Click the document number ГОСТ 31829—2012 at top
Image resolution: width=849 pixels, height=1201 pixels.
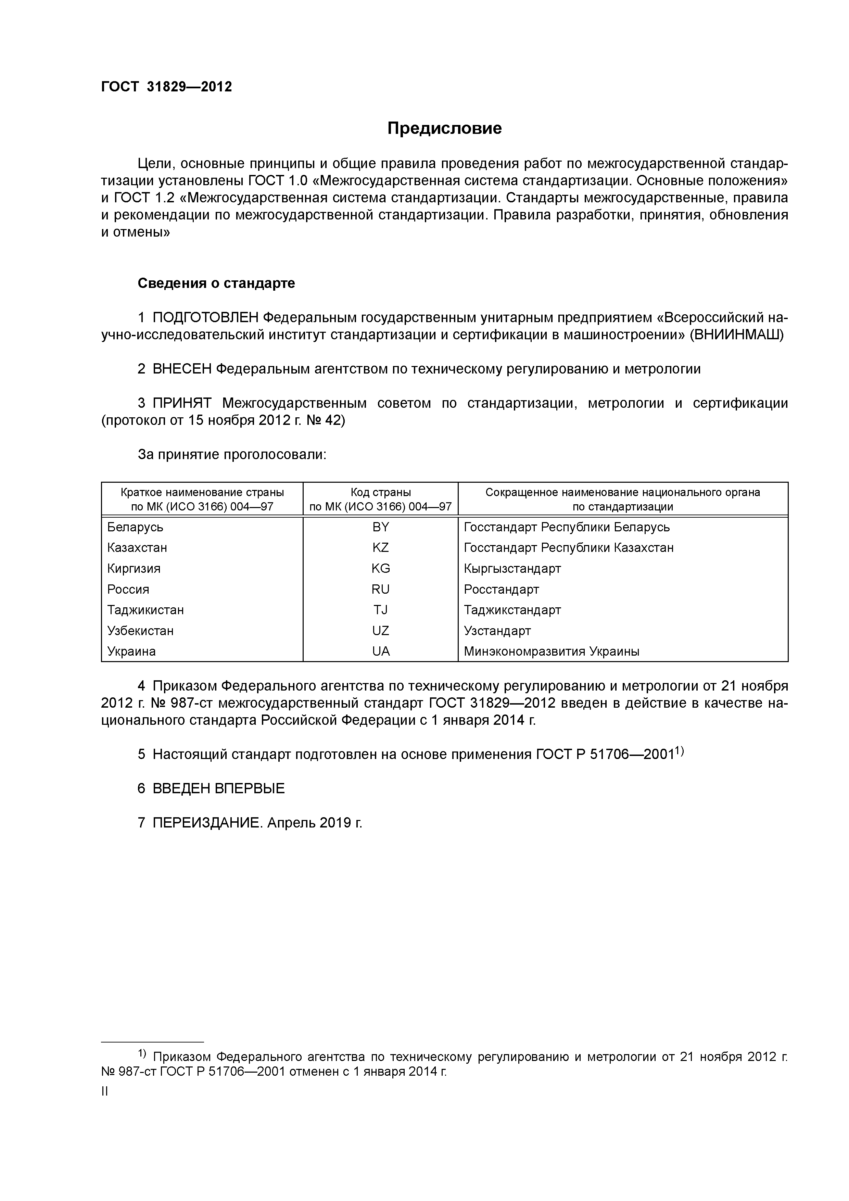pos(166,87)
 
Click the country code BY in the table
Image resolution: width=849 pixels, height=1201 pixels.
pos(380,527)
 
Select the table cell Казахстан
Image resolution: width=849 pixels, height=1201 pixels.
pos(137,548)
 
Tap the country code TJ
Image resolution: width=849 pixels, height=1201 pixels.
pos(380,610)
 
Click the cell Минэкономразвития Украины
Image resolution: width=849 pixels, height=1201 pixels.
pos(552,651)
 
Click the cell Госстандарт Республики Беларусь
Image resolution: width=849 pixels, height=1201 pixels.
pos(567,527)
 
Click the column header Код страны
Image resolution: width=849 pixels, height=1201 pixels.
pos(380,492)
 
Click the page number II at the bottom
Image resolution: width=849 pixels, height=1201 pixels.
pos(105,1091)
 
